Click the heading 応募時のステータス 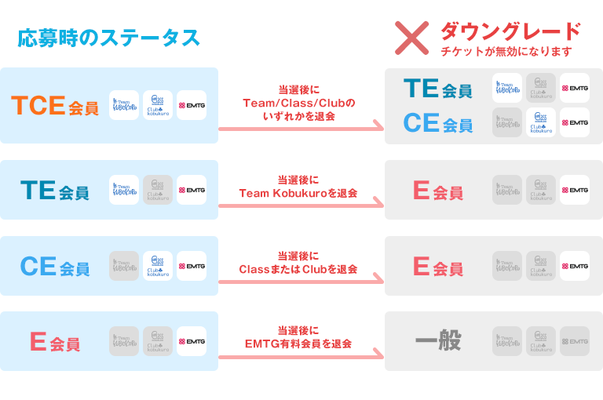108,38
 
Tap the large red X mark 411,38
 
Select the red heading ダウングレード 510,31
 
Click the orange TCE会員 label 55,106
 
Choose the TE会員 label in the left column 54,191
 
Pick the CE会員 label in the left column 54,267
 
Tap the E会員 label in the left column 54,342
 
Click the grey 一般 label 437,341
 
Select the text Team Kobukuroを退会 298,193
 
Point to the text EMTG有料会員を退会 298,344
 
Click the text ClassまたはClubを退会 298,269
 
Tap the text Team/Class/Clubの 298,103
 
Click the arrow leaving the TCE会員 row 301,127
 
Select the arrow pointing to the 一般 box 301,358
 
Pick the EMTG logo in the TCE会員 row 192,105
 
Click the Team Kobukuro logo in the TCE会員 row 124,105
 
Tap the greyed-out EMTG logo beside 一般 575,341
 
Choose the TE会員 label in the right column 437,89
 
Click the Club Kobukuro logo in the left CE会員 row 158,266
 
